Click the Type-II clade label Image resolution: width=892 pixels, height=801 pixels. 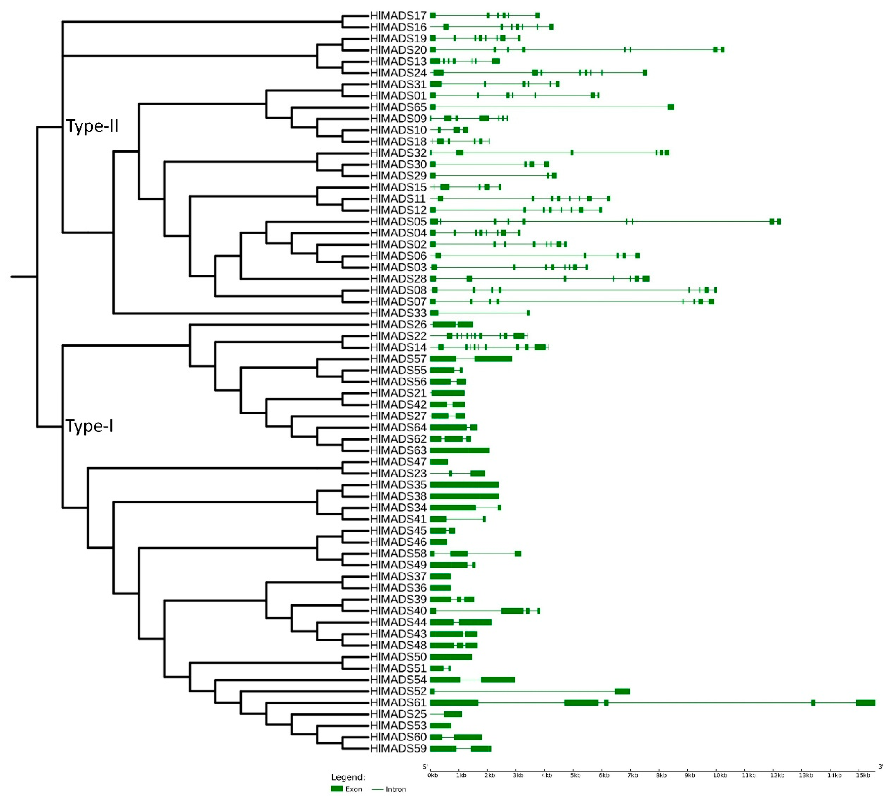coord(92,126)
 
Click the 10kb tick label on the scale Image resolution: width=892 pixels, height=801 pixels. coord(720,775)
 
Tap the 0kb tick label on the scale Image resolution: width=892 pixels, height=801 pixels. coord(433,775)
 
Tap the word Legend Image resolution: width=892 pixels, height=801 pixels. coord(348,777)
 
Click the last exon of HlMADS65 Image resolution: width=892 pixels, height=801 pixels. coord(670,107)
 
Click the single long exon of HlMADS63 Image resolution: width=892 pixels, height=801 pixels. coord(459,450)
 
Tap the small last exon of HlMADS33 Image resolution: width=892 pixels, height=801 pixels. coord(528,313)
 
